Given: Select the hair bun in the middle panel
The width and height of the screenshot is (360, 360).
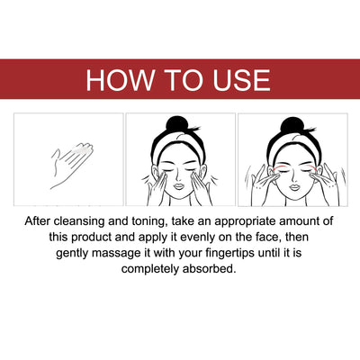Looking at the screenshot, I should point(180,125).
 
